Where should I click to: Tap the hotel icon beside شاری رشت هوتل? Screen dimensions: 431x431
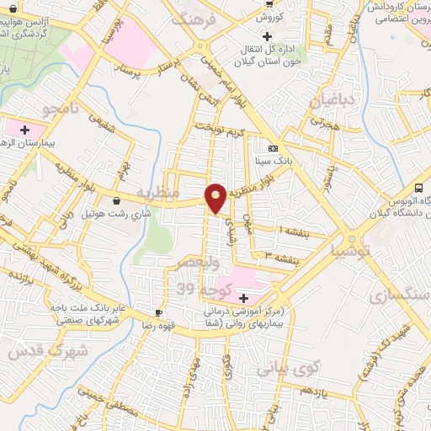click(116, 200)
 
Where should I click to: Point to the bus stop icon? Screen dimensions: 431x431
click(419, 188)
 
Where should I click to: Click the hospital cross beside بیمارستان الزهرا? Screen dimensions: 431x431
click(24, 130)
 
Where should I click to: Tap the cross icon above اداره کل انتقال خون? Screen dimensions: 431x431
click(268, 37)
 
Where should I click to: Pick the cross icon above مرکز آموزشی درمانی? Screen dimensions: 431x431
click(244, 298)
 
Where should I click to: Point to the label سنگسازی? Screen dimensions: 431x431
click(403, 296)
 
